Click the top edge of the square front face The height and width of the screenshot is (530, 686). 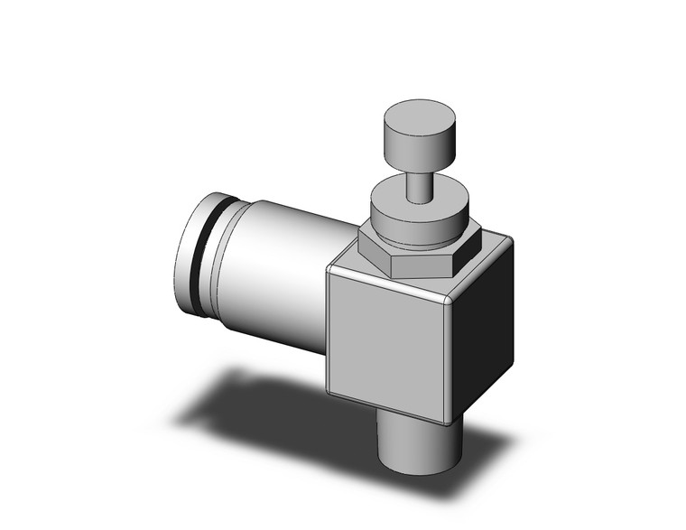(x=388, y=282)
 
